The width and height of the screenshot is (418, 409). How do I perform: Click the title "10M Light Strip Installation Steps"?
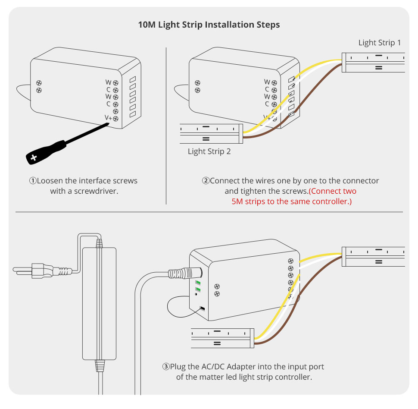209,25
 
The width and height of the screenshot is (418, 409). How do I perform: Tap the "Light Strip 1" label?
380,43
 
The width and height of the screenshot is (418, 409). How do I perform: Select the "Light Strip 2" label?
209,151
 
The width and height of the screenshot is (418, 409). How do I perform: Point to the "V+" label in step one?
108,117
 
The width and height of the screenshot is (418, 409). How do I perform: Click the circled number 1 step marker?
33,181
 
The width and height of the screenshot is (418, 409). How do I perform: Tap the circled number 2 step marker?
206,181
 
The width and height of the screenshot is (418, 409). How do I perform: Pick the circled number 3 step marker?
166,367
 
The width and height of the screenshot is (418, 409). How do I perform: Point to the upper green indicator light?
198,283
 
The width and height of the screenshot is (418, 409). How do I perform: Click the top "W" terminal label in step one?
109,82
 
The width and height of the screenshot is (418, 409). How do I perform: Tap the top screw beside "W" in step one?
115,82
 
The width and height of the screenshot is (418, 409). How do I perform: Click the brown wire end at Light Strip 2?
246,138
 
